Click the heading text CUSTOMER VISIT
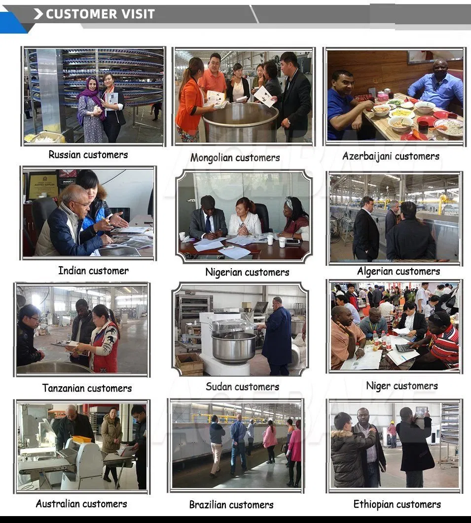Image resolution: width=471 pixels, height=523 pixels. tap(100, 14)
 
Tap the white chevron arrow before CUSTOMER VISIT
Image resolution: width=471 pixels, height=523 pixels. tap(38, 14)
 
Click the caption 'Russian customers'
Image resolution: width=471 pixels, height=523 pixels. tap(88, 155)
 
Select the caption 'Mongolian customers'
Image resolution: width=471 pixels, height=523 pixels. tap(235, 158)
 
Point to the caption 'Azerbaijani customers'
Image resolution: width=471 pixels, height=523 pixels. tap(391, 156)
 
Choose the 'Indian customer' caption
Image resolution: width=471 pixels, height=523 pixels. tap(93, 271)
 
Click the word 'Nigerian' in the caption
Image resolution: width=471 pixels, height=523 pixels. tap(224, 272)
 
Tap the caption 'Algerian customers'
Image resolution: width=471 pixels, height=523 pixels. tap(399, 271)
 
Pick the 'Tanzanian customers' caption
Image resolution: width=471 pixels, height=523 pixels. tap(87, 388)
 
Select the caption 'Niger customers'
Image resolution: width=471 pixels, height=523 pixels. tap(402, 386)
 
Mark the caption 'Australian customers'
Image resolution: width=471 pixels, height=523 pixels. tap(81, 504)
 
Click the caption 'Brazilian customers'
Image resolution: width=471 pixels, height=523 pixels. tap(231, 505)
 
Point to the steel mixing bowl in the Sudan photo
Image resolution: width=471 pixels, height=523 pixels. tap(233, 347)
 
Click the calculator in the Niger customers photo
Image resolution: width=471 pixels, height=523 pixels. tap(404, 348)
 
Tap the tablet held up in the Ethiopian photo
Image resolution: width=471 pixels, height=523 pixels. tap(421, 411)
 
